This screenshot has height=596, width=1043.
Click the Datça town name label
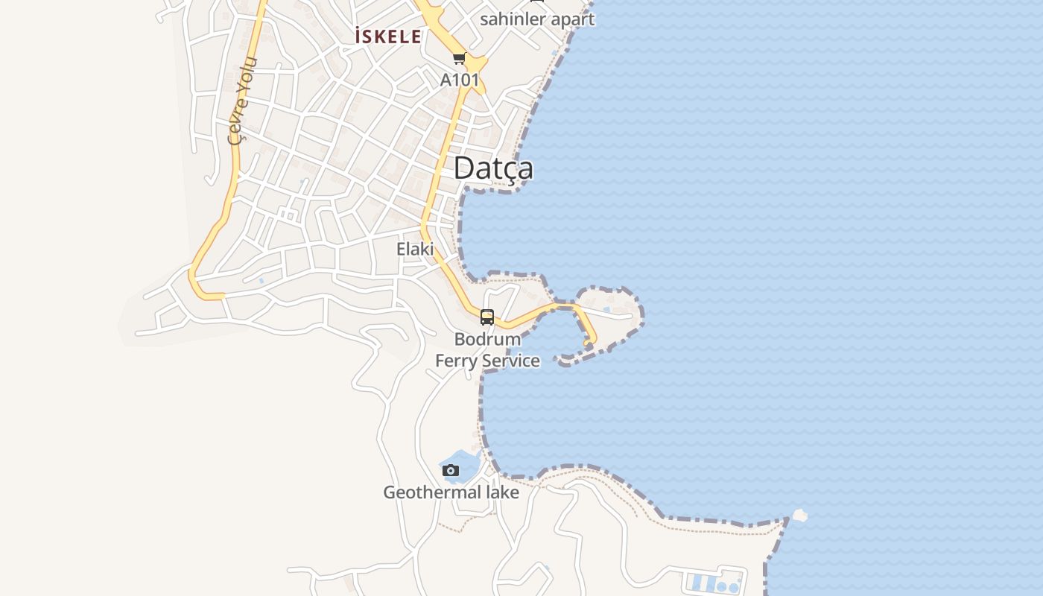coord(493,168)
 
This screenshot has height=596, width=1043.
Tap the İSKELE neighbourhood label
coord(388,37)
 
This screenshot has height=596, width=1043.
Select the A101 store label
coord(460,80)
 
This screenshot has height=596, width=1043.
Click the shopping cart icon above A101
coord(459,59)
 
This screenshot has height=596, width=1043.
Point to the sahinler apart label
coord(537,19)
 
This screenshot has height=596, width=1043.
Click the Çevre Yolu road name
coord(242,100)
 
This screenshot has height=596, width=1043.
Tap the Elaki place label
coord(415,249)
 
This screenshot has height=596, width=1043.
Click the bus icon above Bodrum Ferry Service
coord(487,317)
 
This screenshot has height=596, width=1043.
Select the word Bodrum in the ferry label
coord(487,339)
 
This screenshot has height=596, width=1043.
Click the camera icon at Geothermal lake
coord(451,470)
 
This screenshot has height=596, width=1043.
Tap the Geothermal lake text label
coord(451,492)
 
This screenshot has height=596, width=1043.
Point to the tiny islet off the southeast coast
coord(799,515)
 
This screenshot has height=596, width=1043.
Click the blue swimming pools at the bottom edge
coord(714,583)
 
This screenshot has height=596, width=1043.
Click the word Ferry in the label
coord(456,361)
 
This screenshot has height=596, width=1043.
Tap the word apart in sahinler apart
coord(571,19)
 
